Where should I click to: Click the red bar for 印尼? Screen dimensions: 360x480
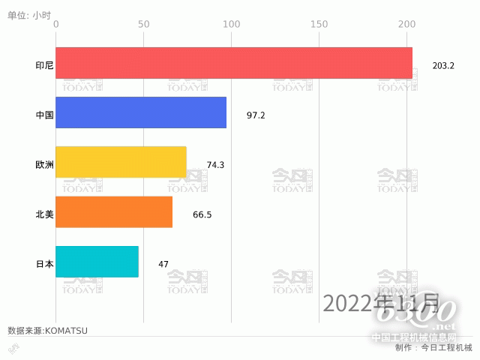click(234, 63)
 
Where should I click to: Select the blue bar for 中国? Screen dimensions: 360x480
click(141, 112)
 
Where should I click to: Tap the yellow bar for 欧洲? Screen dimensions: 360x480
click(121, 162)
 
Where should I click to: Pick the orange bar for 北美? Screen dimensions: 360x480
click(114, 211)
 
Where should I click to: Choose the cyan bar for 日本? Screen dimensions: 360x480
click(97, 262)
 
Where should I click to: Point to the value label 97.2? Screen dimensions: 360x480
click(256, 115)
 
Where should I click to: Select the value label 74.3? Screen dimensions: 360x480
click(215, 165)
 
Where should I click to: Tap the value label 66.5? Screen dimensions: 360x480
click(202, 214)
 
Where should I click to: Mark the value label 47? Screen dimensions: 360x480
click(163, 264)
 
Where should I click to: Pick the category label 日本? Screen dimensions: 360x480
click(44, 264)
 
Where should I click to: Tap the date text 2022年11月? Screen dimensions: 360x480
click(381, 303)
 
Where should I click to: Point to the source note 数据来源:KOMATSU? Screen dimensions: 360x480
click(47, 330)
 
